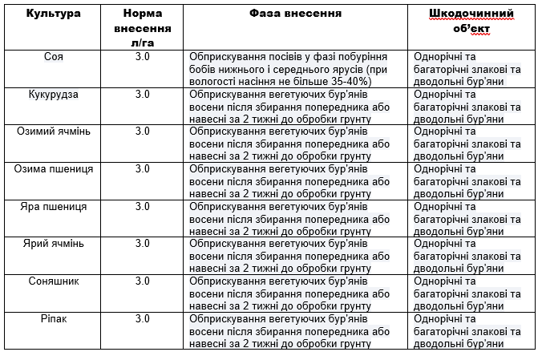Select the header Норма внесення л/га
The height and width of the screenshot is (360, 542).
click(x=142, y=26)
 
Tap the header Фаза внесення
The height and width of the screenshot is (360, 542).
click(x=295, y=14)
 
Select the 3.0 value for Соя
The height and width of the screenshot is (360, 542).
click(x=142, y=57)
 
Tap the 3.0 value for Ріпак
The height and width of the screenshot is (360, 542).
click(x=142, y=318)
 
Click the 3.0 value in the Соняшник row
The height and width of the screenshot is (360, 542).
click(x=142, y=281)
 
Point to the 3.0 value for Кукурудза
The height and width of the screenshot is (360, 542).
click(x=142, y=94)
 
